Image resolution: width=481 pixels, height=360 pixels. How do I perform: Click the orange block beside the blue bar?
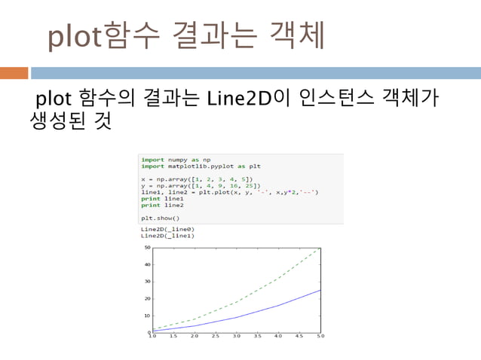14,73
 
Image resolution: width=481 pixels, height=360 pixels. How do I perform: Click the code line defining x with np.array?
192,179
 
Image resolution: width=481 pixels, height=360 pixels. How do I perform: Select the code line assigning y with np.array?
197,185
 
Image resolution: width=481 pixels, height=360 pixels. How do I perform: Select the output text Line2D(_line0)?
167,228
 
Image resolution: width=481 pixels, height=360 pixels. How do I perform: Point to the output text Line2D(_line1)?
167,235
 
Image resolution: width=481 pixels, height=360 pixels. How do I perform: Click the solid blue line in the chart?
256,311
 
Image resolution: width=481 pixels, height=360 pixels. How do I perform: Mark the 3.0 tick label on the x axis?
236,337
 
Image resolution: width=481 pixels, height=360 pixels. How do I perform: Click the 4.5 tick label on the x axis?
299,337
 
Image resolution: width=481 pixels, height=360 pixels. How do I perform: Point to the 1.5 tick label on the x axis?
173,337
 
